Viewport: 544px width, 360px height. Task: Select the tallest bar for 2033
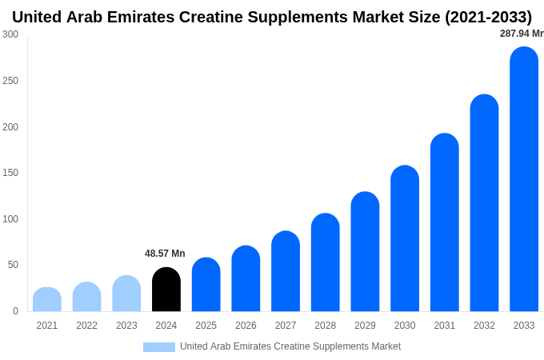(524, 179)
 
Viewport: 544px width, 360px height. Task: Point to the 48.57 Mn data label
(165, 254)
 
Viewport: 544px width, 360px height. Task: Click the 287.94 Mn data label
(522, 34)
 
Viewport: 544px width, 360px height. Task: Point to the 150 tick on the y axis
(10, 173)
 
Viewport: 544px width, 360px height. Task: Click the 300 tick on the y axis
(10, 34)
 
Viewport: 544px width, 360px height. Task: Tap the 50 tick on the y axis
(13, 265)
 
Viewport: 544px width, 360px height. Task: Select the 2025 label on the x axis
(206, 326)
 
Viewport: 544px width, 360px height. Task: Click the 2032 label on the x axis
(484, 326)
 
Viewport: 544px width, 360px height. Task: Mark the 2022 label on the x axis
(86, 326)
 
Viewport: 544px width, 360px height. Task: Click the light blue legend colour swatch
(158, 346)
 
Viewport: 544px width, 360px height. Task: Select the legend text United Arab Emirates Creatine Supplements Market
(290, 346)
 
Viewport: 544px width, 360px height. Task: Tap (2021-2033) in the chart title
(488, 17)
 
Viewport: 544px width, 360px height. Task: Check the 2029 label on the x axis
(365, 326)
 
